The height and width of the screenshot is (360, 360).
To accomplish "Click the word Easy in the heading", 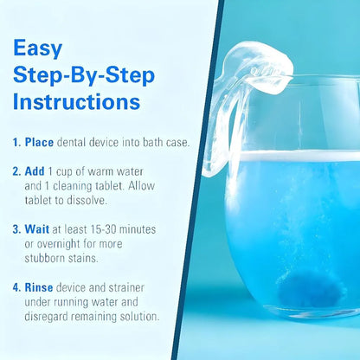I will click(x=36, y=48).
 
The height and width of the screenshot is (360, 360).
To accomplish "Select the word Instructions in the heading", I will click(x=75, y=101).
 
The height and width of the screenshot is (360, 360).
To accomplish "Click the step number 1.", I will click(x=17, y=139).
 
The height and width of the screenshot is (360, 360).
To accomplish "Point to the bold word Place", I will click(x=40, y=139).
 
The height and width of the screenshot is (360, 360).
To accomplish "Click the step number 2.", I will click(x=17, y=171).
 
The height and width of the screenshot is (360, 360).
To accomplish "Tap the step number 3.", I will click(x=17, y=231).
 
